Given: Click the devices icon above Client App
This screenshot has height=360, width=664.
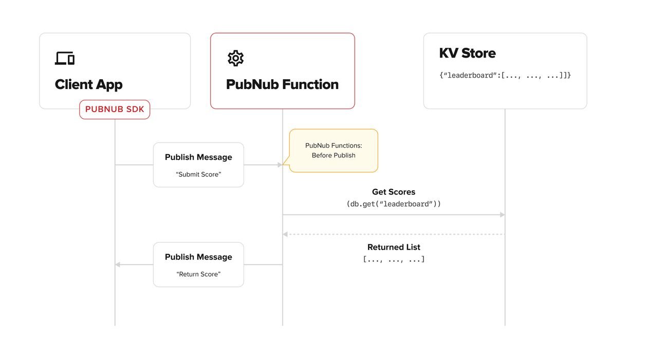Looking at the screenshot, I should point(65,58).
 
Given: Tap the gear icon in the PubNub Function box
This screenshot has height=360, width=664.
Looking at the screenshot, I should point(235,58).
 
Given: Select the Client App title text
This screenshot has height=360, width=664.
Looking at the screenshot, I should point(88,84).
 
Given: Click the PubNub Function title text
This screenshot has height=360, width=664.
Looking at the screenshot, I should point(282,84).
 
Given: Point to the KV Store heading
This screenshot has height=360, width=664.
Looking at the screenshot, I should point(467,53).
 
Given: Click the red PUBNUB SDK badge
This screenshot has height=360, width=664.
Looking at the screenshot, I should point(115,110).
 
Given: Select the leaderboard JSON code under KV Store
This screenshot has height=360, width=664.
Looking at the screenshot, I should point(505,75).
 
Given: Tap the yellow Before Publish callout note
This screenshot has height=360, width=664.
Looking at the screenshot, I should point(334,150).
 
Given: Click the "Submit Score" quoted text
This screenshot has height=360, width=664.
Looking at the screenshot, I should point(198,174).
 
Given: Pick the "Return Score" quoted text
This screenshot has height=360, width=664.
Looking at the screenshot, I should point(198,274).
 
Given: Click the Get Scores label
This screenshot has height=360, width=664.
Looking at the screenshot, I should point(394,192).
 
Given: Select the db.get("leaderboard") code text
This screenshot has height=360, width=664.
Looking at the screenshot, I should point(394,204).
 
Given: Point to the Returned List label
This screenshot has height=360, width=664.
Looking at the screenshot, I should point(394,247).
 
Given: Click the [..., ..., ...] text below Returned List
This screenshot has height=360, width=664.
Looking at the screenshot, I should point(394,259).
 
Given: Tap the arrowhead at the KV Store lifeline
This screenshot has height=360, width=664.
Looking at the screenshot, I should point(502,214).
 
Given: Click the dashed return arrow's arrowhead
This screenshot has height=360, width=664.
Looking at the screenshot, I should point(285,235).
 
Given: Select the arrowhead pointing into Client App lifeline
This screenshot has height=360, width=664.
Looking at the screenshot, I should point(118,265).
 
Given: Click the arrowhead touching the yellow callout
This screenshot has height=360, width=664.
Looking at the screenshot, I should point(280,165).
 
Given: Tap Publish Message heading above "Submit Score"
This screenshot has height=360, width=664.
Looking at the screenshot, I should point(198,157).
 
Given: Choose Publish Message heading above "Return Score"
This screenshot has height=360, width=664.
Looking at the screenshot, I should point(198,257).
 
